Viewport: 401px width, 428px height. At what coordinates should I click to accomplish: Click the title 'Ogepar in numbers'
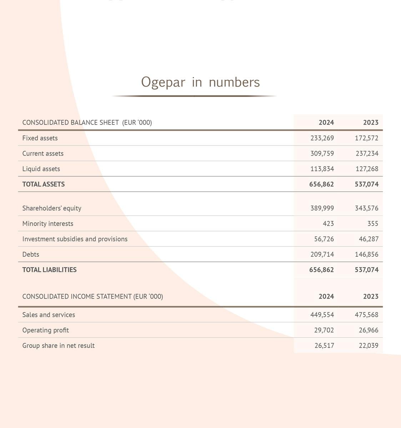200,82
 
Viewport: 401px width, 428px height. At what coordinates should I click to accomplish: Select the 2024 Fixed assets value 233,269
322,138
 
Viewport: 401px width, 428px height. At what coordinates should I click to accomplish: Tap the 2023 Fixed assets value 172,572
366,138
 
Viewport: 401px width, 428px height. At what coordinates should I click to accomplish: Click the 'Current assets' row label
43,153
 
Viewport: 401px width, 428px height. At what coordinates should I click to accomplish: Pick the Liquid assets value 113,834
322,169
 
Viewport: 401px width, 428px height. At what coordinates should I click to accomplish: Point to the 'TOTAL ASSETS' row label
44,184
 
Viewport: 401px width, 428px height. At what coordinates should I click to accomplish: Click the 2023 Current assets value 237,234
367,153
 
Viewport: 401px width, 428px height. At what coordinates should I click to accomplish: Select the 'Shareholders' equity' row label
52,208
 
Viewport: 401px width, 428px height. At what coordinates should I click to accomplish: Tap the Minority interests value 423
328,224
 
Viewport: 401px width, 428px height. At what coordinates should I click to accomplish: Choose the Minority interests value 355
373,224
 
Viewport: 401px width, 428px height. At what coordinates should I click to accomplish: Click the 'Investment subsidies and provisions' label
75,239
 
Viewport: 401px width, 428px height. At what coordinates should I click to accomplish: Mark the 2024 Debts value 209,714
322,254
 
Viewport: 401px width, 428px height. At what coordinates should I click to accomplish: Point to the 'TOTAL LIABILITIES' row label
49,270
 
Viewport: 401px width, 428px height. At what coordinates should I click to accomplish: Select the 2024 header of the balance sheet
326,122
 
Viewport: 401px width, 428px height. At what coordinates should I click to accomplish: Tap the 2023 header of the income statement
371,296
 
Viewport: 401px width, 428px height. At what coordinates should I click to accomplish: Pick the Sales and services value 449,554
322,315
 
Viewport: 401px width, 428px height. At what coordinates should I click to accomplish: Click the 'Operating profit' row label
46,330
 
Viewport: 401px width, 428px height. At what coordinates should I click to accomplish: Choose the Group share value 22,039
369,346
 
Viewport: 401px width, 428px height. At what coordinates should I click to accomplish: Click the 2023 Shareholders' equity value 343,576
366,208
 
